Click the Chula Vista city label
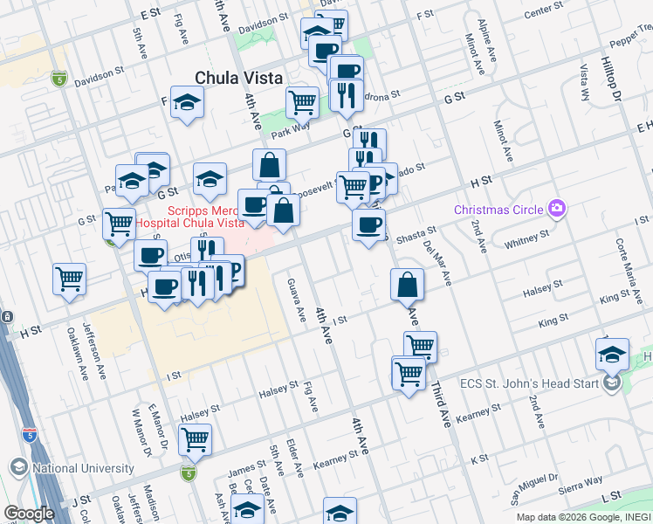click(239, 78)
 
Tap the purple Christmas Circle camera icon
click(556, 208)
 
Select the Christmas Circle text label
click(498, 210)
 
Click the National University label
click(83, 468)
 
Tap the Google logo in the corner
click(29, 514)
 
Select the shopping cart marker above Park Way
click(302, 101)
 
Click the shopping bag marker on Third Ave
click(407, 284)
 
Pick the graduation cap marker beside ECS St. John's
click(612, 354)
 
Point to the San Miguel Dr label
click(533, 492)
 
